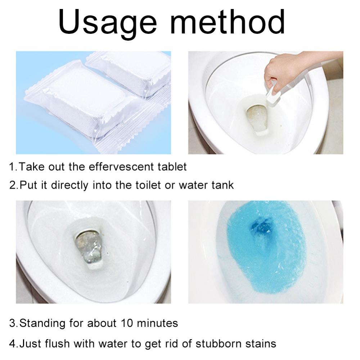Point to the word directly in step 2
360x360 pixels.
[x=69, y=185]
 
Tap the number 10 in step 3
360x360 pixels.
[x=127, y=323]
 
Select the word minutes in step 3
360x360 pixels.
[x=157, y=323]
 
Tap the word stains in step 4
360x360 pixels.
[x=261, y=344]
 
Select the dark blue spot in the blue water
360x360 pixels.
[x=261, y=225]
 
